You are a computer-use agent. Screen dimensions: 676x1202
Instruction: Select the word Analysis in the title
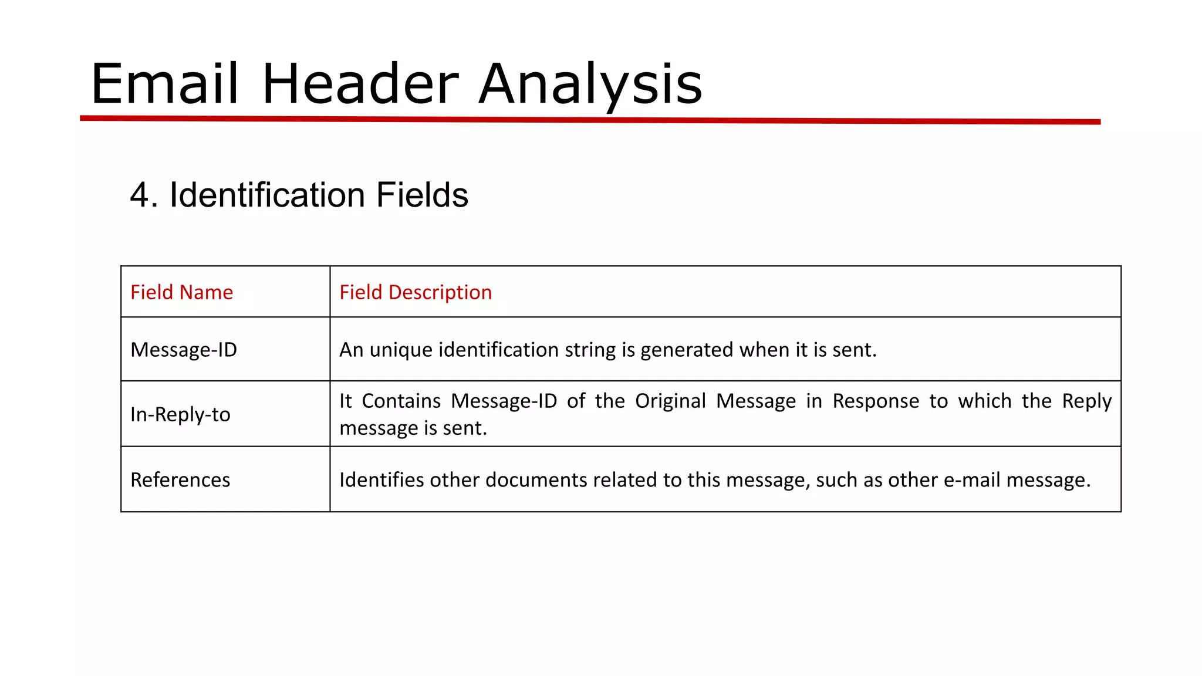tap(590, 85)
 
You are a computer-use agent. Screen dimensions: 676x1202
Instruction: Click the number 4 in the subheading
tap(140, 195)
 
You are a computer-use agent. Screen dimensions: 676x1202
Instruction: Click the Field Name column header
tap(181, 292)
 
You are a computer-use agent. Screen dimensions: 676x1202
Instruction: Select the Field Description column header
tap(416, 292)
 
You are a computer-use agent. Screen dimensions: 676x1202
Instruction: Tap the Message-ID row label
tap(184, 350)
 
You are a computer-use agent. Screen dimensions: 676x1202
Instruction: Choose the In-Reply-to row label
tap(180, 414)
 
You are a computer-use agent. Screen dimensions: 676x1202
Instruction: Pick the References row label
tap(180, 480)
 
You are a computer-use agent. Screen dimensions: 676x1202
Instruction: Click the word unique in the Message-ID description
tap(400, 350)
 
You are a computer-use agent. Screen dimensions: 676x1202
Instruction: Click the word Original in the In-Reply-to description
tap(670, 401)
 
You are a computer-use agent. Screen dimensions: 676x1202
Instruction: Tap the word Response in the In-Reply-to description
tap(876, 401)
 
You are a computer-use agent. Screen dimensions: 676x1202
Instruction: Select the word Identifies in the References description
tap(381, 480)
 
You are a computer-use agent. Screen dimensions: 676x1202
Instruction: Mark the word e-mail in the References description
tap(971, 480)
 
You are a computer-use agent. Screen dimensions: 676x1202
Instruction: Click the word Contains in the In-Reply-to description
tap(401, 401)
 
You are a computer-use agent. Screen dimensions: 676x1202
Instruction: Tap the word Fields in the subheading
tap(422, 195)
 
